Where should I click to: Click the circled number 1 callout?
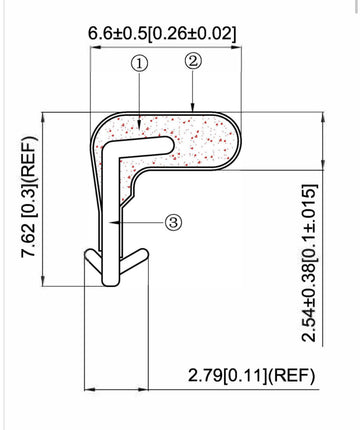(140, 63)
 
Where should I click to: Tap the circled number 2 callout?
(192, 61)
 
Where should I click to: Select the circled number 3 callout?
(172, 222)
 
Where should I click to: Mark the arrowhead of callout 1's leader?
(140, 126)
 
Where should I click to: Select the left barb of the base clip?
(93, 269)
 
